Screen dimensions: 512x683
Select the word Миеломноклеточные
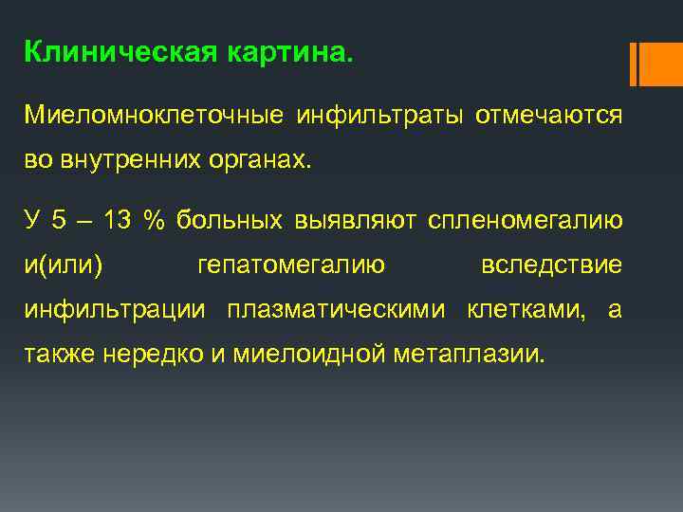pyautogui.click(x=154, y=116)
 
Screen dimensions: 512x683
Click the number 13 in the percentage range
pyautogui.click(x=118, y=220)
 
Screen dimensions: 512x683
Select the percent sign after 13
pyautogui.click(x=152, y=220)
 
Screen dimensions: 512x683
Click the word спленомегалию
pyautogui.click(x=526, y=220)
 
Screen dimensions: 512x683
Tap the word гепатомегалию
pyautogui.click(x=291, y=265)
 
